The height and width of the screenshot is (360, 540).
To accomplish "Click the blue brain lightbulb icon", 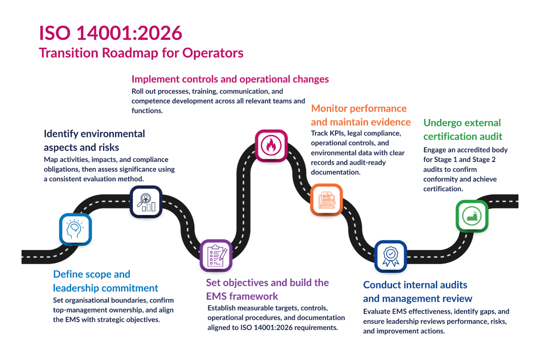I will click(76, 229).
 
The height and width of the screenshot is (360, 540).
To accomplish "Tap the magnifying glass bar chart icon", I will click(146, 202).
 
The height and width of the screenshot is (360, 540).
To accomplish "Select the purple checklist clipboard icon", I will click(216, 256).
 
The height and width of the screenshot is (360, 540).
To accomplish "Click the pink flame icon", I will click(271, 145).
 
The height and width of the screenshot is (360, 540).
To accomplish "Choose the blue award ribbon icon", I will click(391, 256).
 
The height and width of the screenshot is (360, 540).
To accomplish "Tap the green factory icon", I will click(472, 216).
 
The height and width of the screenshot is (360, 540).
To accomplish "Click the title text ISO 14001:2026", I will click(111, 34).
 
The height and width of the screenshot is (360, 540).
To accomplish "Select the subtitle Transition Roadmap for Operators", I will click(141, 53).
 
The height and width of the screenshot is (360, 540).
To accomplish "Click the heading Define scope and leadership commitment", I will click(105, 281).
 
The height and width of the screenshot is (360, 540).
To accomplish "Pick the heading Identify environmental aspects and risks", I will click(94, 140).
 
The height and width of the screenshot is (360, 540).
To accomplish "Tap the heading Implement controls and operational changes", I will click(230, 79).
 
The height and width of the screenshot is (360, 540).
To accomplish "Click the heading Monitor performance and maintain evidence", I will click(360, 115).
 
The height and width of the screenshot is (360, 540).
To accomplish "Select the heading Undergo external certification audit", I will click(463, 129).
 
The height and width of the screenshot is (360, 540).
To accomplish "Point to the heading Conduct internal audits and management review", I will click(418, 292).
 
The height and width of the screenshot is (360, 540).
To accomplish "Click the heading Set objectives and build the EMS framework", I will click(267, 289).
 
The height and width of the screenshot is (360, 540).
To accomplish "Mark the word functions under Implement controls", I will click(144, 110).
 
